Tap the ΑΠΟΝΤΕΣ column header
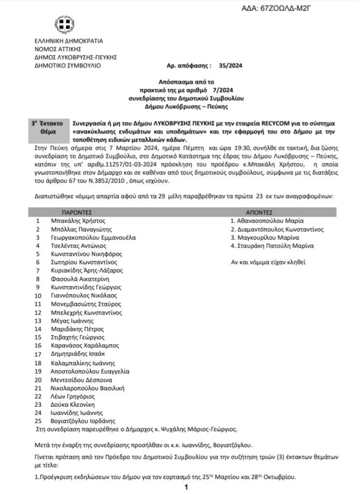(x=260, y=212)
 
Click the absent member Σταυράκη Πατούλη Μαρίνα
(x=272, y=246)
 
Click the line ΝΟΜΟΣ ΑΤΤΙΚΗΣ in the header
(x=57, y=49)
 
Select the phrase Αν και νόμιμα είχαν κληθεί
(x=269, y=262)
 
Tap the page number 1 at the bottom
(x=186, y=487)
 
